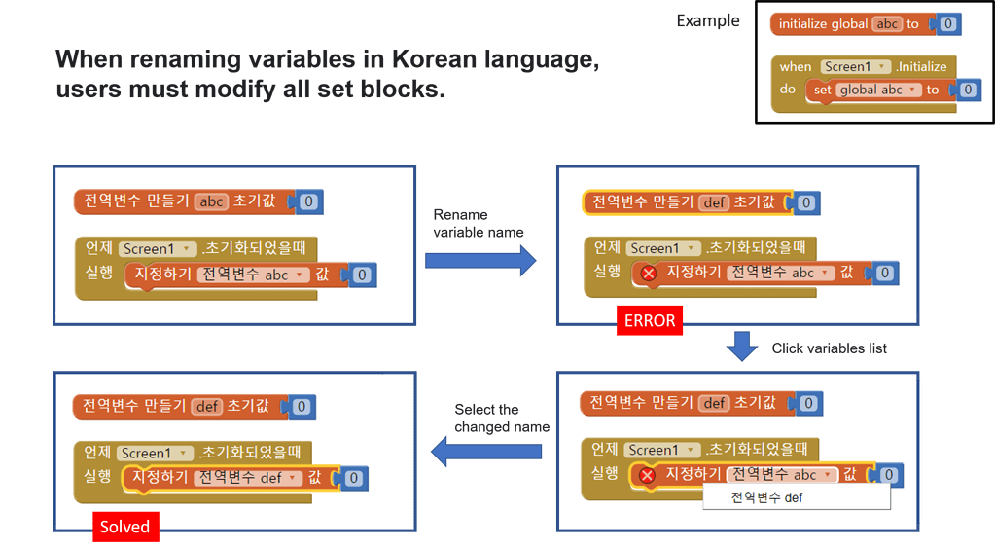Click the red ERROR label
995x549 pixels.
pyautogui.click(x=649, y=320)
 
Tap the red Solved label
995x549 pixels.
pyautogui.click(x=124, y=527)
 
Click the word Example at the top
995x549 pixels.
pyautogui.click(x=707, y=20)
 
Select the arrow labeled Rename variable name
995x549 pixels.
pyautogui.click(x=480, y=260)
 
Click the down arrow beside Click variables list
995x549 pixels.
pyautogui.click(x=743, y=347)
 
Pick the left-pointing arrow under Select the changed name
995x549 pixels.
pyautogui.click(x=486, y=451)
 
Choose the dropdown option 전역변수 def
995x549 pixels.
pyautogui.click(x=767, y=498)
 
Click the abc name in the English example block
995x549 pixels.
pyautogui.click(x=886, y=24)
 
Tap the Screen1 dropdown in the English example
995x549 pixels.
pyautogui.click(x=855, y=66)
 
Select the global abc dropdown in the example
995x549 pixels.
pyautogui.click(x=878, y=90)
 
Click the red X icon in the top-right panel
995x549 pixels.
pyautogui.click(x=649, y=274)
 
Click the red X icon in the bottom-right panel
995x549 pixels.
pyautogui.click(x=648, y=476)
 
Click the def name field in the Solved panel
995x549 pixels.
pyautogui.click(x=207, y=406)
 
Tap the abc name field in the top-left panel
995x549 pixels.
pyautogui.click(x=210, y=202)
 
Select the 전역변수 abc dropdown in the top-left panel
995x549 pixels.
pyautogui.click(x=253, y=274)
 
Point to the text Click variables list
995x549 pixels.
pyautogui.click(x=829, y=348)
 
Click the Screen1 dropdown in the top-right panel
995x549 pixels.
pyautogui.click(x=663, y=248)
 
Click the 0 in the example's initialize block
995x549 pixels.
pyautogui.click(x=948, y=24)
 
